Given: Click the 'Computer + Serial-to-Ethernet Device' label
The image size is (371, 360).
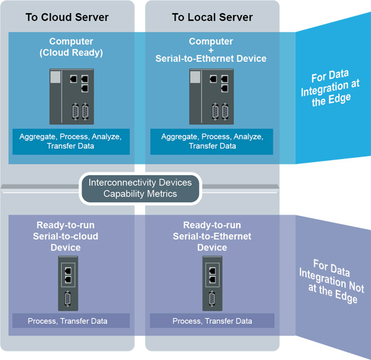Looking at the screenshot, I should [x=210, y=50].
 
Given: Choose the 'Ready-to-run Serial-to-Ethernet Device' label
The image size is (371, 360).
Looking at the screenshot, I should [x=212, y=236].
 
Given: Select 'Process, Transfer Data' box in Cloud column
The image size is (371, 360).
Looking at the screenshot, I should [x=67, y=321].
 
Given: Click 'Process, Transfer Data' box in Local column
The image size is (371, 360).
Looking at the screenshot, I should [x=212, y=321].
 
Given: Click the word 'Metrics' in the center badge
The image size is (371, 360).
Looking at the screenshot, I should [x=160, y=194].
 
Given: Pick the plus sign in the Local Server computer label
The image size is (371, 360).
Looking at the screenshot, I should [x=211, y=50].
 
